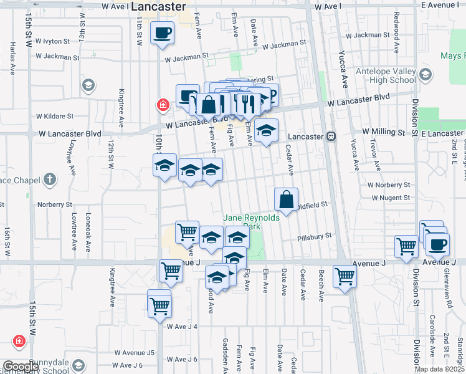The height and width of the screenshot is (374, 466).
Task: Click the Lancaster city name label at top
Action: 159,6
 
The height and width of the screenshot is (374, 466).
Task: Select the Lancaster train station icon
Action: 331,136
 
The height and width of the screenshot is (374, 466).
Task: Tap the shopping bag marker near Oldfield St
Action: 286,199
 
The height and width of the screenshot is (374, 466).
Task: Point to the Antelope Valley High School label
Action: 386,75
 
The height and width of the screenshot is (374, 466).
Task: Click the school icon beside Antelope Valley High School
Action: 426,75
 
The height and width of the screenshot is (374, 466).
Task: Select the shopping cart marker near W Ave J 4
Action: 159,305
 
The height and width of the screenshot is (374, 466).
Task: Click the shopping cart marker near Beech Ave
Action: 344,276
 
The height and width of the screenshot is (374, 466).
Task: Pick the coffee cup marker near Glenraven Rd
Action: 438,244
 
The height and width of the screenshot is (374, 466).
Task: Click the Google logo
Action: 21,367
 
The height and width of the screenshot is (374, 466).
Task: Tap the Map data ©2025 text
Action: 440,369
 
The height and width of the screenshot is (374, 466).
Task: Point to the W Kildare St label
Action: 55,116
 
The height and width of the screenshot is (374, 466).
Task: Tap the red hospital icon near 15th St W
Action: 19,342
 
